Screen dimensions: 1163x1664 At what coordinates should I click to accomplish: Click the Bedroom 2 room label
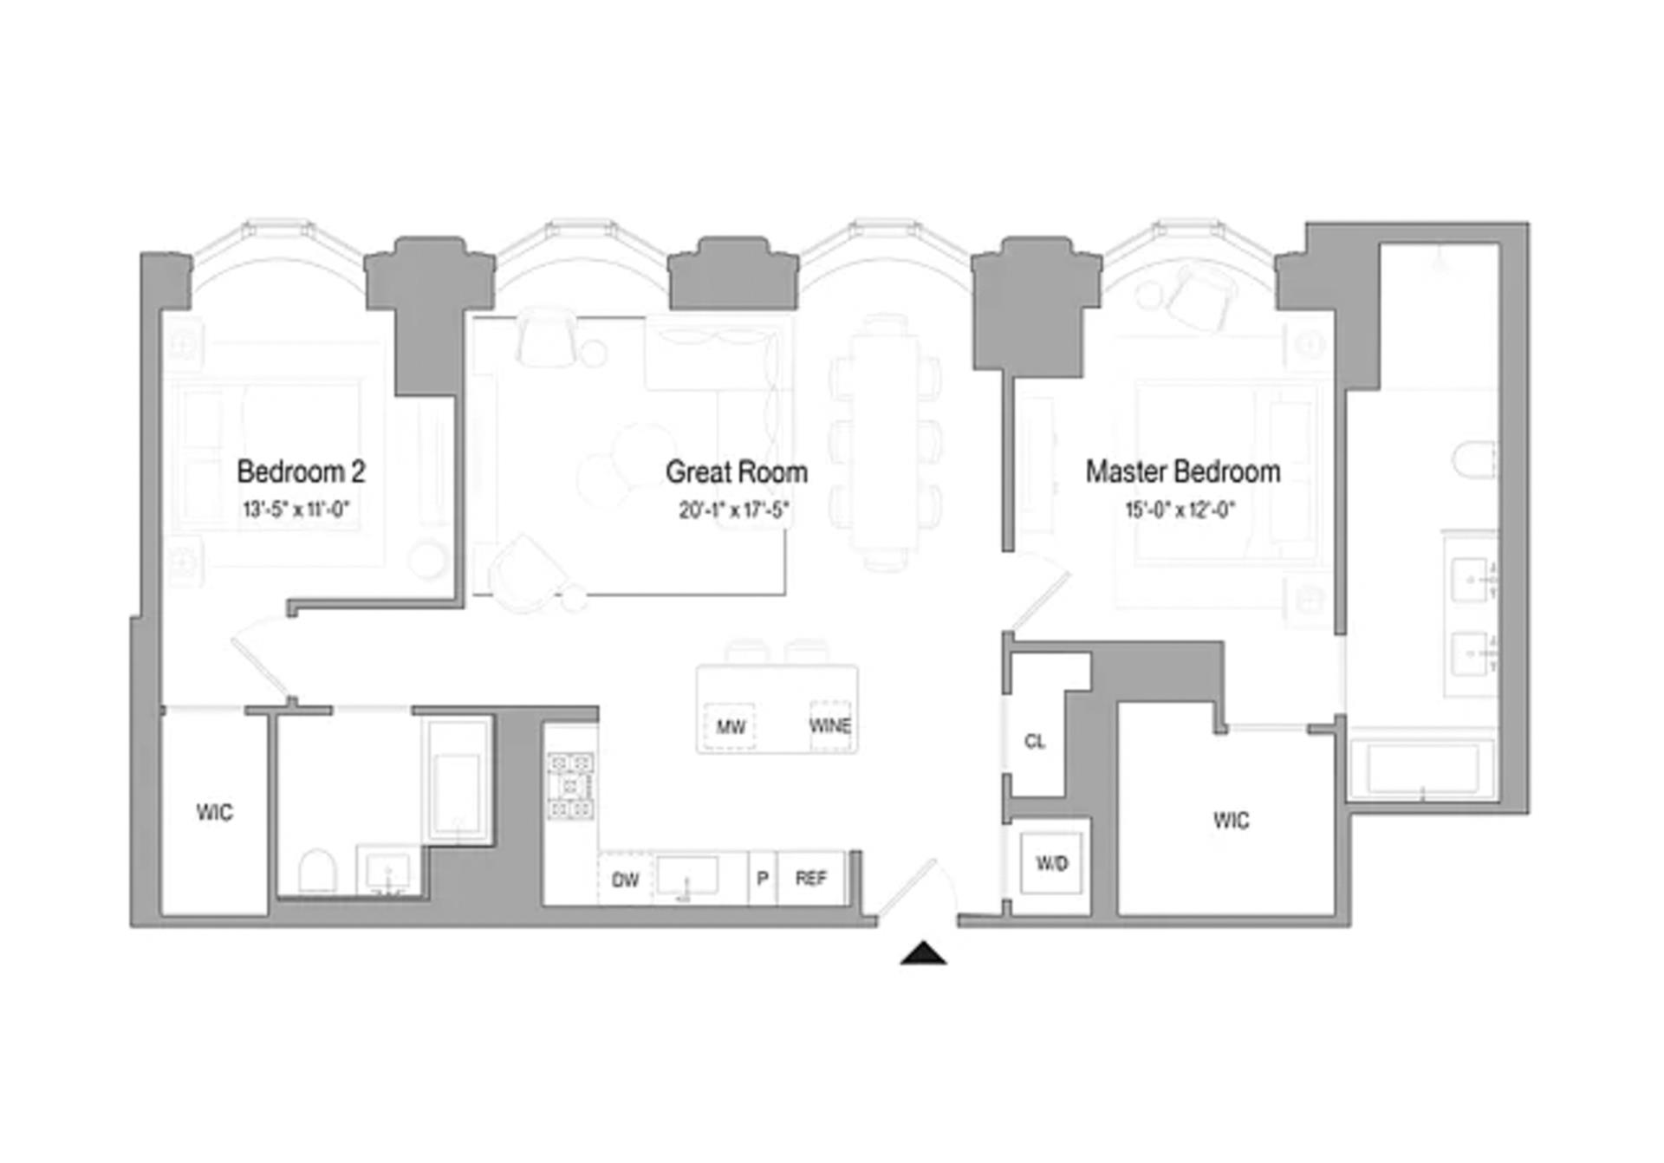301,472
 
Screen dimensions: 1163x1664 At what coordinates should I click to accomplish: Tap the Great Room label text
736,472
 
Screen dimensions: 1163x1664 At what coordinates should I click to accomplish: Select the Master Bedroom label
1182,472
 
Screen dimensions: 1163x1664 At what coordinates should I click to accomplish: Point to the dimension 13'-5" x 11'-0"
296,510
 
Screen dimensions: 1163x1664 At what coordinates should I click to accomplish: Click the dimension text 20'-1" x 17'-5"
733,510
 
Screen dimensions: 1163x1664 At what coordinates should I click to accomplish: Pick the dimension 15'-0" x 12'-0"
1180,510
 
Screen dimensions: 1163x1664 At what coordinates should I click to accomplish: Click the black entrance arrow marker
923,953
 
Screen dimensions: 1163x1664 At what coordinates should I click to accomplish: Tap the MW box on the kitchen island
730,726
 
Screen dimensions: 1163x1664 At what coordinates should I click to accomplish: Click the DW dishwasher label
625,880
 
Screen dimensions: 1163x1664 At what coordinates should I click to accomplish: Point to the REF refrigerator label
811,879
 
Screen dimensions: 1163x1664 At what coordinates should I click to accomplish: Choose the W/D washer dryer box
1051,863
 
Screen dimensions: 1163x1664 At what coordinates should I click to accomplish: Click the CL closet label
1035,742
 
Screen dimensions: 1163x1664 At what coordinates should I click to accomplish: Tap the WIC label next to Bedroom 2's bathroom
214,812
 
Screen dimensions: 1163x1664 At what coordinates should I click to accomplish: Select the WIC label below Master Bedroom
1231,820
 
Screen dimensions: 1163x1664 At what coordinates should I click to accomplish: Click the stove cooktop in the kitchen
570,786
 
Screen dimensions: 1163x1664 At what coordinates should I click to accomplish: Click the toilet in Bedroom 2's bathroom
317,870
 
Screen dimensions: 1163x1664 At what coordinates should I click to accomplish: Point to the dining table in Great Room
885,442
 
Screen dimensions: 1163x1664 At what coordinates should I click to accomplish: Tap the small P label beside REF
763,879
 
